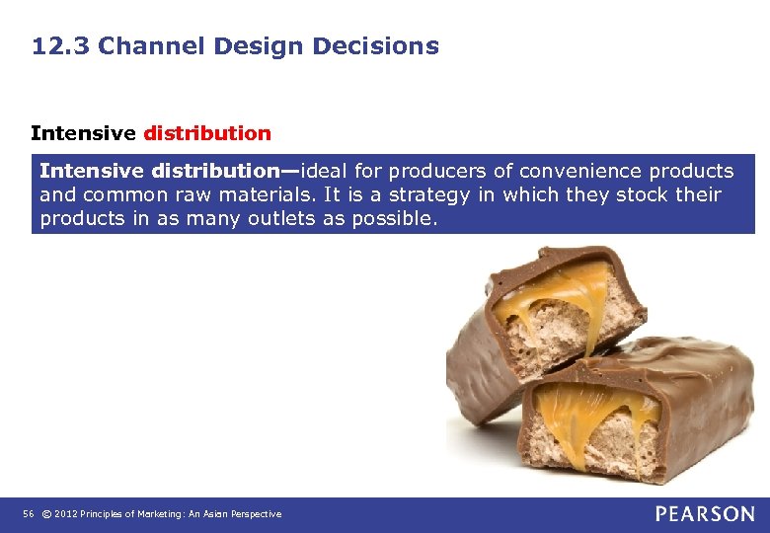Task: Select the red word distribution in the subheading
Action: pos(207,132)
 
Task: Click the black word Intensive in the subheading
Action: pos(84,132)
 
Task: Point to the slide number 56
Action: pos(27,514)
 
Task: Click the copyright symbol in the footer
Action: pos(45,514)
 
